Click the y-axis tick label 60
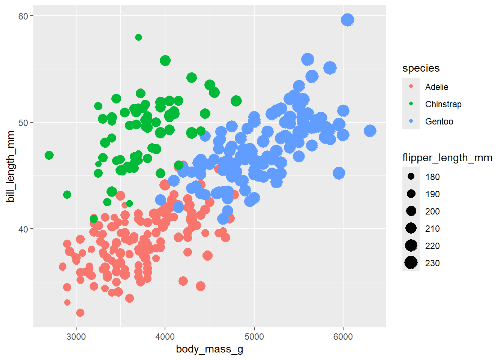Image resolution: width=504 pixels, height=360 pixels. (23, 16)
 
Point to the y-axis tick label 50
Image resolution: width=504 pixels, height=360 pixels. (23, 123)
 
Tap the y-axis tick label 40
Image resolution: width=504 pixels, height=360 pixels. (23, 229)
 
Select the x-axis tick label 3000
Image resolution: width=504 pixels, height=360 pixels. (76, 337)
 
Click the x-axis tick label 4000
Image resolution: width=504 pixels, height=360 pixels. (165, 337)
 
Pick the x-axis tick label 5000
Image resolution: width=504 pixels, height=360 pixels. (254, 337)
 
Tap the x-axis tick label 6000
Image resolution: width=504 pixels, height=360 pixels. (343, 337)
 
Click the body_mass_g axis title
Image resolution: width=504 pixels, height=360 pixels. (210, 349)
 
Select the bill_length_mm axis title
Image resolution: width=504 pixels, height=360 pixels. (10, 166)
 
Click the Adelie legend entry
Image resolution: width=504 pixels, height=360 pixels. (436, 87)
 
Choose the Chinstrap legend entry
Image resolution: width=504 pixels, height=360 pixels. (443, 104)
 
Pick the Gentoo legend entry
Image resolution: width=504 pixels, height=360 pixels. (439, 121)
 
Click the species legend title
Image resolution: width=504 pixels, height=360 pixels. (421, 68)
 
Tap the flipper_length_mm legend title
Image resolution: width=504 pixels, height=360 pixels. (447, 158)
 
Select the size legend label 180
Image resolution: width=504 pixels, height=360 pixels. (432, 177)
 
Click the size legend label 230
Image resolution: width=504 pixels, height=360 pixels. (432, 263)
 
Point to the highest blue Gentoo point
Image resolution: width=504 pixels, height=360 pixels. (348, 20)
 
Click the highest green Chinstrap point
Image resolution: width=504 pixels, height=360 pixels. (138, 37)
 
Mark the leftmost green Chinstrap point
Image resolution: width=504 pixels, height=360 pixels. (49, 155)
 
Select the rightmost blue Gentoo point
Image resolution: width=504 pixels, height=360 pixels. (370, 131)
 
